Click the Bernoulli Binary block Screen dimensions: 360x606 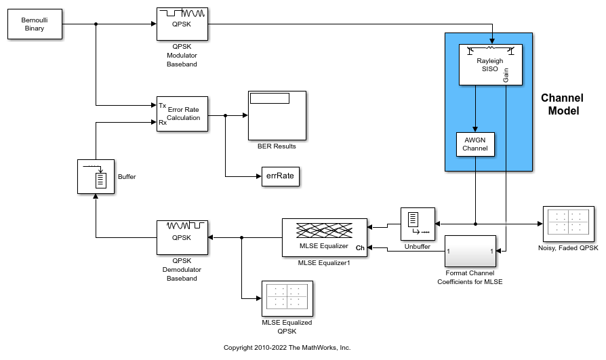(35, 24)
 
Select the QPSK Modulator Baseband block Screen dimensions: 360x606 (182, 24)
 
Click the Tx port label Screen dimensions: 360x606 (163, 105)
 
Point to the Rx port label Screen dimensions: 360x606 (163, 123)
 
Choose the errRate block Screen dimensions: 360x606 (280, 176)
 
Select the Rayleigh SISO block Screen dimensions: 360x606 (490, 65)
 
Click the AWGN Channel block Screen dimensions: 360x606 (475, 144)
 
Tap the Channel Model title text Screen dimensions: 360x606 (563, 104)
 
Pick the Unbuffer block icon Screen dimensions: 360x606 (418, 224)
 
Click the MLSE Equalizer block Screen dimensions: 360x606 (325, 237)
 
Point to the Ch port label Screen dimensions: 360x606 (360, 249)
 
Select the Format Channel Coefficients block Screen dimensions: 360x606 (470, 251)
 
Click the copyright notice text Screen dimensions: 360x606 (287, 347)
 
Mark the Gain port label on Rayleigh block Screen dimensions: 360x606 (506, 75)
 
